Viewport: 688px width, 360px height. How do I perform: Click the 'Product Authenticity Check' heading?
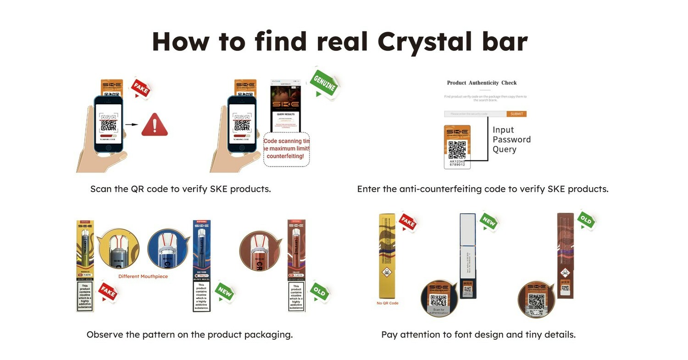coord(482,83)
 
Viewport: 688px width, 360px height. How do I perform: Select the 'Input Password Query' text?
coord(511,139)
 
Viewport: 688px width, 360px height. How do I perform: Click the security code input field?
coord(475,114)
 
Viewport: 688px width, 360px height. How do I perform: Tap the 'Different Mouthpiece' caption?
coord(143,277)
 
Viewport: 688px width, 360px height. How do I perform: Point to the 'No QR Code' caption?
coord(388,303)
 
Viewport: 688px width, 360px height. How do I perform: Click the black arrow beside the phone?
coord(132,124)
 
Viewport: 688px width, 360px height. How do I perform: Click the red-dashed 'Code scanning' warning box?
coord(287,149)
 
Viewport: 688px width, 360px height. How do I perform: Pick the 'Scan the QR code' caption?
coord(180,189)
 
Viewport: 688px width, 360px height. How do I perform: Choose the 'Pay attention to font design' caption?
coord(478,335)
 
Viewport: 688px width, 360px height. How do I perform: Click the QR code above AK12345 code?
coord(457,150)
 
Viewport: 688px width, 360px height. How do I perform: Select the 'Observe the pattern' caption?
coord(189,335)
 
